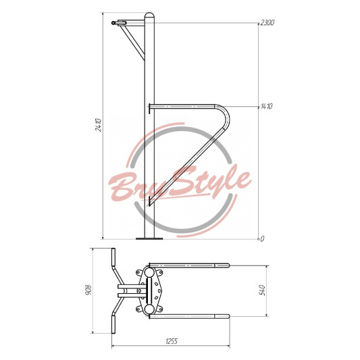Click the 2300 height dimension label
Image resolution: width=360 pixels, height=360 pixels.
click(x=267, y=22)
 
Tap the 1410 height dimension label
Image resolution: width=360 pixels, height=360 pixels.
click(x=267, y=106)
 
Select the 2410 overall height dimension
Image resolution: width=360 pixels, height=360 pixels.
click(x=98, y=125)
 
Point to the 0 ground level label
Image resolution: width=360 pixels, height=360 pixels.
click(x=262, y=239)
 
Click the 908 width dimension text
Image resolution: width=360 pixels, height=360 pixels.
click(x=88, y=290)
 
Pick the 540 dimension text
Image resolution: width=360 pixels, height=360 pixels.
click(x=262, y=290)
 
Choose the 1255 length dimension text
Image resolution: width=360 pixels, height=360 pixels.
click(x=172, y=341)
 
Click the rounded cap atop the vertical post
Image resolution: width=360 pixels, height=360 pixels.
click(x=149, y=15)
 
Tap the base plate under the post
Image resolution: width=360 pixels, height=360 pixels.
click(x=149, y=239)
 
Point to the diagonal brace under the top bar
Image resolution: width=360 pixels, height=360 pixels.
click(x=133, y=43)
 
